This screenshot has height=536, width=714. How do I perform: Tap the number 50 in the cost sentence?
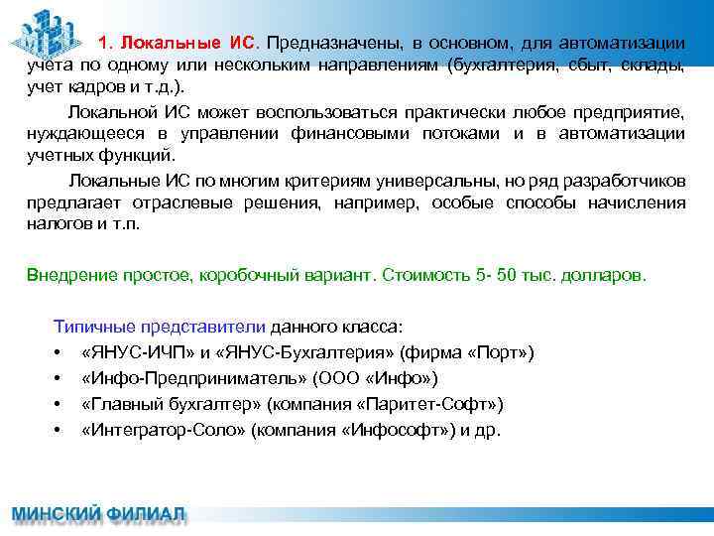pyautogui.click(x=506, y=274)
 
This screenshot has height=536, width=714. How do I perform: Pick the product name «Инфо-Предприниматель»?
pyautogui.click(x=194, y=378)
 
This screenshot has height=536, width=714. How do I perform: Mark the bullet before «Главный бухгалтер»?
pyautogui.click(x=60, y=405)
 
